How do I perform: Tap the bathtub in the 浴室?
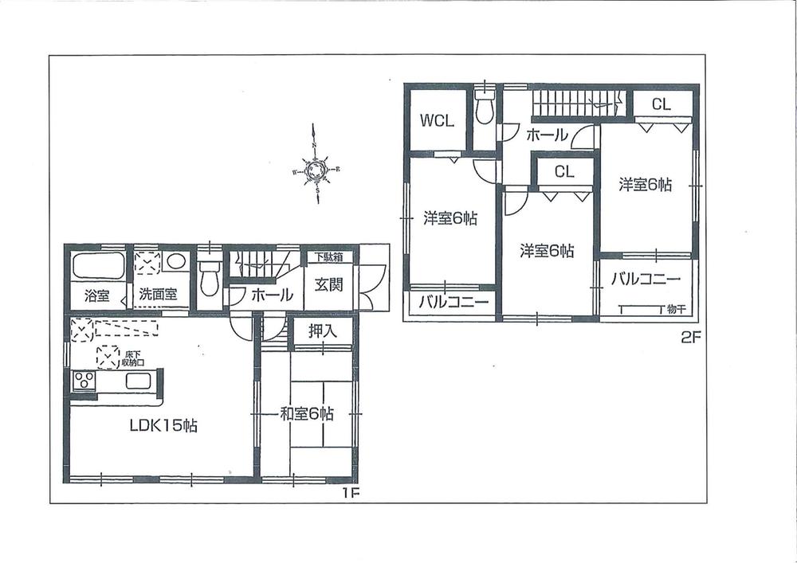click(98, 265)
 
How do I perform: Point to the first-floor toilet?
click(209, 276)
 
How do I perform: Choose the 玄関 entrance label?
click(328, 285)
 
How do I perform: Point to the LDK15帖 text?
click(164, 426)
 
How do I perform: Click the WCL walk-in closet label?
click(438, 121)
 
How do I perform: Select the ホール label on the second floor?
click(546, 135)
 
